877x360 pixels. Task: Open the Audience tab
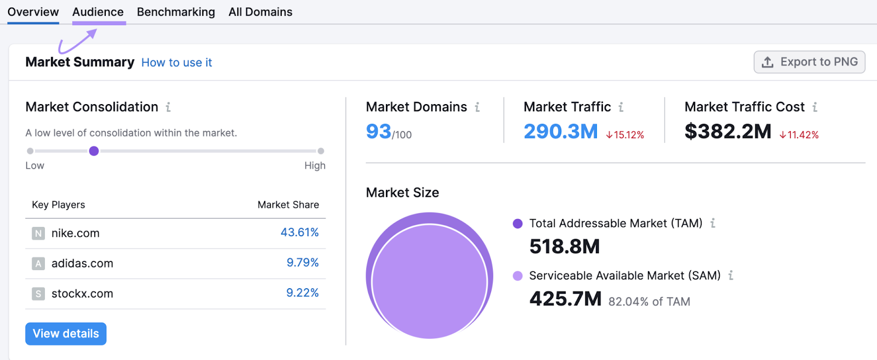[x=98, y=12]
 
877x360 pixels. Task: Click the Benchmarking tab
[x=176, y=12]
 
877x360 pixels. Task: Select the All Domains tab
[x=260, y=12]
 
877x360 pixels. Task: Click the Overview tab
[x=33, y=12]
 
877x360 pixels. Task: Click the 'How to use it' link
[x=176, y=62]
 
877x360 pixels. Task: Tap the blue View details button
[x=66, y=334]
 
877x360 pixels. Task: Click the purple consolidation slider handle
[x=94, y=151]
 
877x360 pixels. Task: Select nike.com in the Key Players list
[x=76, y=233]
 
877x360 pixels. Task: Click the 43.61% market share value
[x=299, y=232]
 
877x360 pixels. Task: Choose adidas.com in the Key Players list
[x=82, y=264]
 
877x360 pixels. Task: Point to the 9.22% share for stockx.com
[x=302, y=293]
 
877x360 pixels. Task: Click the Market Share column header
[x=288, y=205]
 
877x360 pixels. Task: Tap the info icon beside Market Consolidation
[x=168, y=107]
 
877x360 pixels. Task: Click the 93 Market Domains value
[x=379, y=132]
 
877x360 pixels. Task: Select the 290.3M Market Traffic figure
[x=560, y=132]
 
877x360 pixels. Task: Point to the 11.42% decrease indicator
[x=799, y=135]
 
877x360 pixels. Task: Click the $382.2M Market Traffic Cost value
[x=727, y=132]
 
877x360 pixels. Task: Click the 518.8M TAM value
[x=565, y=247]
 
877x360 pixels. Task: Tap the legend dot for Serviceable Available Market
[x=517, y=276]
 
